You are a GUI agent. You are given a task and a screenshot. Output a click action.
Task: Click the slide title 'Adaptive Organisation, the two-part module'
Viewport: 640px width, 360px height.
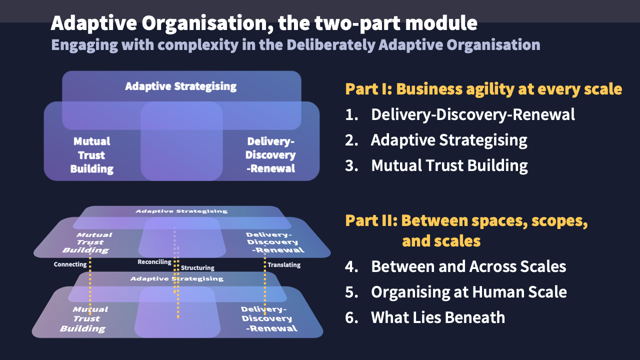(x=264, y=23)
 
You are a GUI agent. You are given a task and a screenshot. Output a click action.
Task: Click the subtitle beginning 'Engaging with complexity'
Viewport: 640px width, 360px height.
(x=295, y=45)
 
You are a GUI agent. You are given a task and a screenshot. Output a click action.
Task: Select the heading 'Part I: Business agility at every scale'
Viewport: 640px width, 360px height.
(x=483, y=89)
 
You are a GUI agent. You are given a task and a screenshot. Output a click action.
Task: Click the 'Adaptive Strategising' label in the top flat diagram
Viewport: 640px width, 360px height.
(x=180, y=86)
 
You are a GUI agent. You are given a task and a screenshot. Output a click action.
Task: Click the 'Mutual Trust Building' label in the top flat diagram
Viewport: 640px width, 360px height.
(x=91, y=155)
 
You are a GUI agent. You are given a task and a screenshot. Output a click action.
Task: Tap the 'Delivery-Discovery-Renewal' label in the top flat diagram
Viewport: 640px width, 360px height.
(x=270, y=155)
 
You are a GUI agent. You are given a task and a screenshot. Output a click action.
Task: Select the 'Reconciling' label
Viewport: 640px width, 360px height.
(x=154, y=262)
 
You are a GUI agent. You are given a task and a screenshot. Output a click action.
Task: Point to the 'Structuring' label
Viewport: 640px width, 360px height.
(x=197, y=268)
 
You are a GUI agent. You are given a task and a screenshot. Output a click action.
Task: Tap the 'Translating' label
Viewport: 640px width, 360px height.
(x=284, y=265)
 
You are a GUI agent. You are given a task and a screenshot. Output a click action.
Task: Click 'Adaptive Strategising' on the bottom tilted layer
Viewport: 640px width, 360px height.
(x=176, y=278)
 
